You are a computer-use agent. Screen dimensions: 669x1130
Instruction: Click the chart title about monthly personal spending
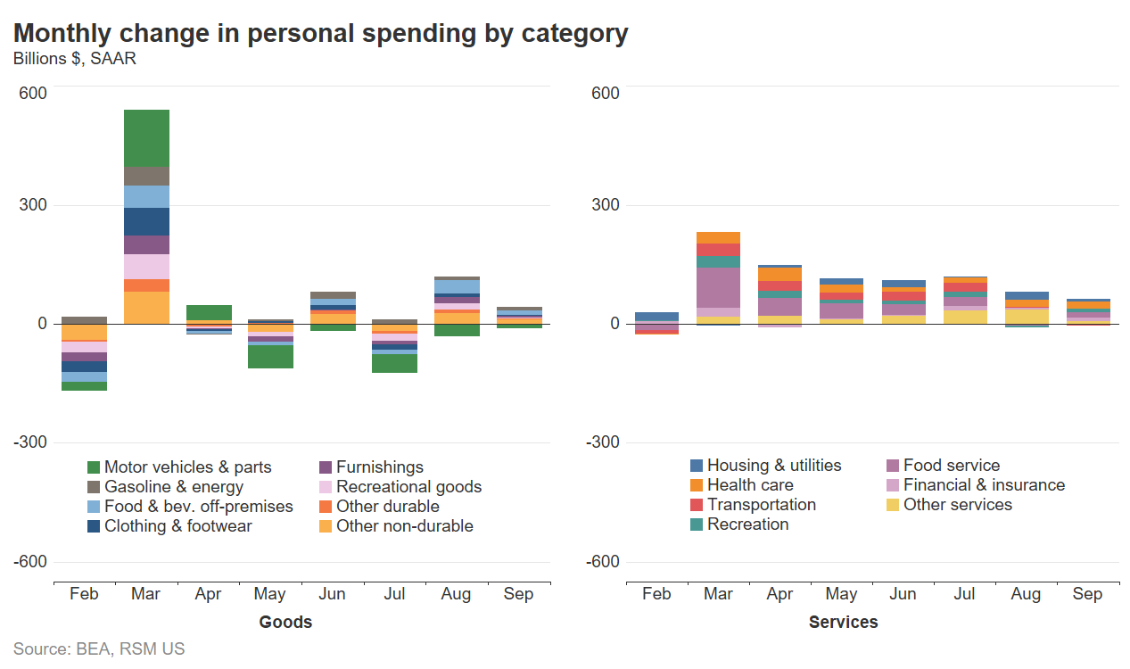(320, 33)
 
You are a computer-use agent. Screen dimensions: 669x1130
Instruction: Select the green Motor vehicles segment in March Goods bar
(146, 138)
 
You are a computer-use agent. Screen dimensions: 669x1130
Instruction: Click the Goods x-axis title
(285, 622)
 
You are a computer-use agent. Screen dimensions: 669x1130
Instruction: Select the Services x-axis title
(843, 622)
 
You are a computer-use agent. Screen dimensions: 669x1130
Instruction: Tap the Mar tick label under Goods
(145, 594)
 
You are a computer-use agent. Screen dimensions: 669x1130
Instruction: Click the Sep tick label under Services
(1087, 594)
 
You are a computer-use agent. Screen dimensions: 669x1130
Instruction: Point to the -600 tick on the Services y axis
(602, 562)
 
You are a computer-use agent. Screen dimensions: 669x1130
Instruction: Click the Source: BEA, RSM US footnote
(99, 649)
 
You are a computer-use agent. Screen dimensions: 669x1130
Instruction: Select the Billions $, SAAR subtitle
(74, 59)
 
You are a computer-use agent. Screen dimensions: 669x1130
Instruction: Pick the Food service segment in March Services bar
(718, 287)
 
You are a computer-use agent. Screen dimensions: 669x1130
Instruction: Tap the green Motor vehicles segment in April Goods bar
(208, 312)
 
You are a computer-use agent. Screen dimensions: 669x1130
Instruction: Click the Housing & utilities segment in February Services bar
(656, 317)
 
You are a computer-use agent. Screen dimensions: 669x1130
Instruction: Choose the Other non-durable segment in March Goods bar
(146, 308)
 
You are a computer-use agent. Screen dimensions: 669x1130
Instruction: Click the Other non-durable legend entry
(404, 526)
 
